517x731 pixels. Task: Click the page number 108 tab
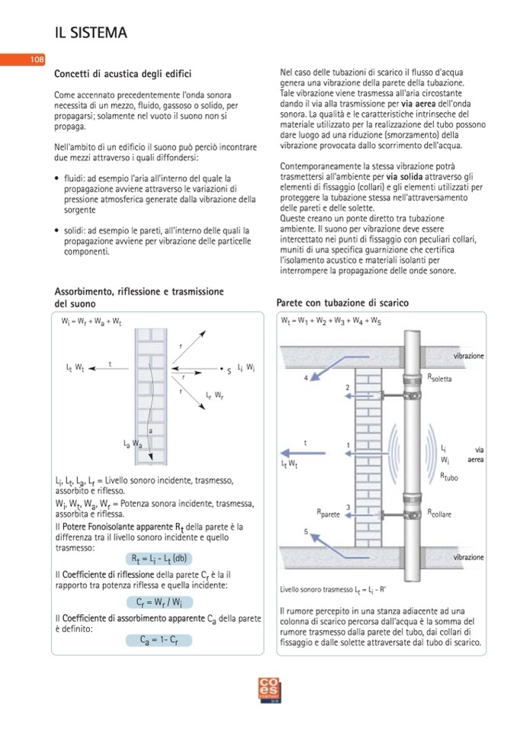tap(37, 59)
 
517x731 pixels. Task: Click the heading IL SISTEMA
tap(91, 33)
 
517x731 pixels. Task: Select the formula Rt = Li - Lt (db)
tap(159, 557)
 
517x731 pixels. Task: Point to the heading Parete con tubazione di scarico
tap(342, 303)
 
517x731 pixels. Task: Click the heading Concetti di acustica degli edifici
tap(123, 74)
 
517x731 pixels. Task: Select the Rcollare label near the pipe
tap(439, 513)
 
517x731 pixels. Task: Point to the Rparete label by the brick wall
tap(328, 515)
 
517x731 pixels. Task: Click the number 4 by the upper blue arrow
tap(307, 377)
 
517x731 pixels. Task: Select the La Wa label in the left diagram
tap(133, 442)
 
